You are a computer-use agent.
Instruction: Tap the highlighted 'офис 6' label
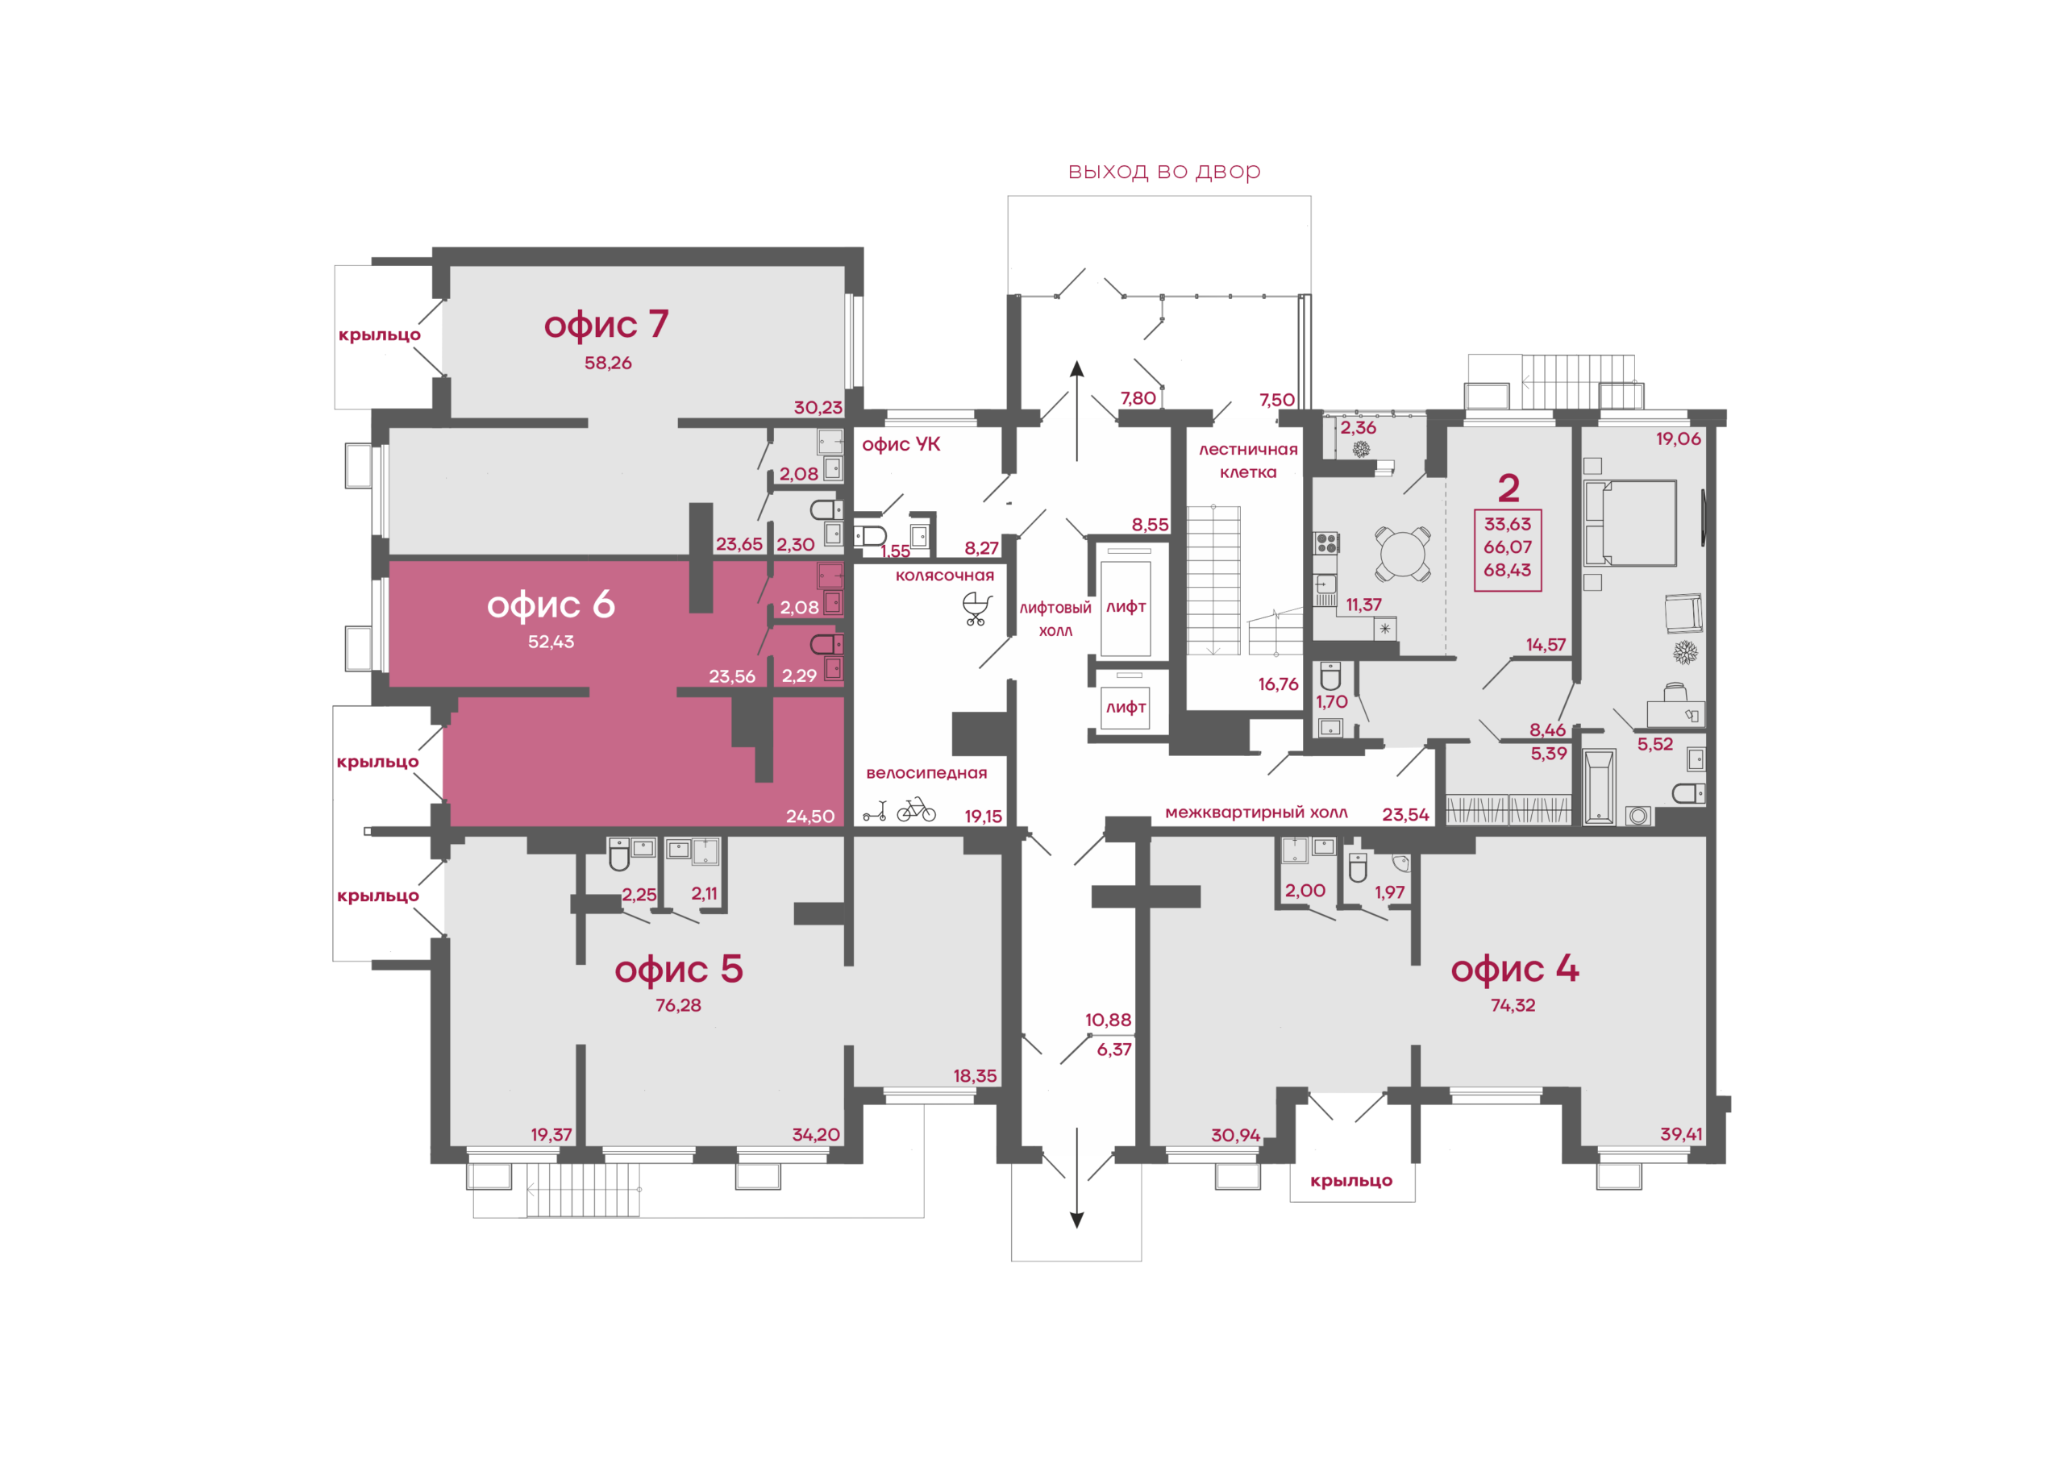[551, 605]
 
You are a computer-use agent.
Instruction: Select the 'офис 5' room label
[679, 969]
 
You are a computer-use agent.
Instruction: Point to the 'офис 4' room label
[1515, 969]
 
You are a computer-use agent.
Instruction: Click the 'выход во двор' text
[1164, 171]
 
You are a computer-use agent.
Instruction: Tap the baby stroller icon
[977, 609]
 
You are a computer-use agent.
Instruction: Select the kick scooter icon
[875, 811]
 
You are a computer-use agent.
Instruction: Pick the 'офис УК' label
[901, 444]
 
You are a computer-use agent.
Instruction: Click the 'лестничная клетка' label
[1248, 460]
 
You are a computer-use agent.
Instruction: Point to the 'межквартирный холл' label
[1256, 813]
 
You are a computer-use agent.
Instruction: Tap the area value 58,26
[608, 364]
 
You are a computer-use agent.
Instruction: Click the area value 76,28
[678, 1005]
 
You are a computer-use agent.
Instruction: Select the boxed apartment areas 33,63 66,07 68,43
[1508, 549]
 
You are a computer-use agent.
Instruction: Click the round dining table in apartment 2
[1402, 554]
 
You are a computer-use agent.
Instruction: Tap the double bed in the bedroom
[1629, 522]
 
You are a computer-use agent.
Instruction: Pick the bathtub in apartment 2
[1598, 787]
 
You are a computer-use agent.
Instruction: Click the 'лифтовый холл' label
[1055, 619]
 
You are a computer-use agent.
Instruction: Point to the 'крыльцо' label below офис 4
[1351, 1180]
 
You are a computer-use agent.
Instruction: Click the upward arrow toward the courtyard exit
[1077, 411]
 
